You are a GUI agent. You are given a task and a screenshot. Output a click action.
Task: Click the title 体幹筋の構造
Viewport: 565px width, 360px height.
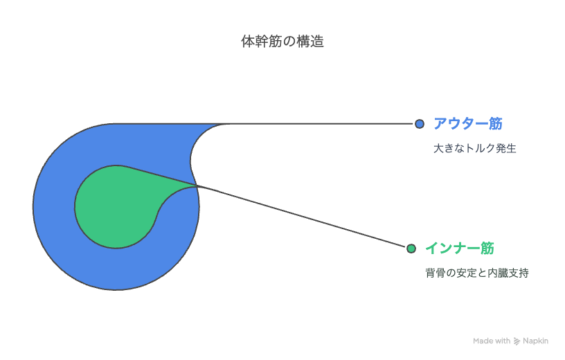(282, 42)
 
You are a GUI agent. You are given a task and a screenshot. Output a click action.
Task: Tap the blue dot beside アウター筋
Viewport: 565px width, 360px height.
(420, 124)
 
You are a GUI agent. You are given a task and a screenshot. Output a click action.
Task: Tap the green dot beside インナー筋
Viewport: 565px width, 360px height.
(411, 249)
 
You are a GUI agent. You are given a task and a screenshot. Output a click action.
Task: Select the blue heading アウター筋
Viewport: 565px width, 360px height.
(467, 124)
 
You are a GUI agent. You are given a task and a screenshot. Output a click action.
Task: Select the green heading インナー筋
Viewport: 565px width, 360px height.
(460, 249)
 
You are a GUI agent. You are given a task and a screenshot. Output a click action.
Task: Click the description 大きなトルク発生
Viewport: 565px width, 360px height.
(474, 148)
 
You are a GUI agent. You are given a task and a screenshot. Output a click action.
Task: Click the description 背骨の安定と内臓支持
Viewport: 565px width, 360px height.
(476, 273)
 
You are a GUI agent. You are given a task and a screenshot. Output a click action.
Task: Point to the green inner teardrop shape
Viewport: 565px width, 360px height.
(116, 207)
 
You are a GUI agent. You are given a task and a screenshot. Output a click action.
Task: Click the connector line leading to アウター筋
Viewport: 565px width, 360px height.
(321, 124)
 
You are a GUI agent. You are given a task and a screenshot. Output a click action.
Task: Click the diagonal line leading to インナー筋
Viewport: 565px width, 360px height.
(302, 216)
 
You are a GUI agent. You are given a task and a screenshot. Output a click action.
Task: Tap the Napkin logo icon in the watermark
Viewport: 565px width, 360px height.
(517, 341)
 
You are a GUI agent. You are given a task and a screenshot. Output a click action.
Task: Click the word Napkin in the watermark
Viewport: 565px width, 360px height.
(535, 341)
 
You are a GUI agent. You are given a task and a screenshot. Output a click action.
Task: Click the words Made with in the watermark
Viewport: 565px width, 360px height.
(492, 341)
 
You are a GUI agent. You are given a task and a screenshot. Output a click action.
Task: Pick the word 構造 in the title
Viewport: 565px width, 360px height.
(310, 42)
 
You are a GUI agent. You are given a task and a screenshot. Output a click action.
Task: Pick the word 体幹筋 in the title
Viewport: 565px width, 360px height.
(262, 42)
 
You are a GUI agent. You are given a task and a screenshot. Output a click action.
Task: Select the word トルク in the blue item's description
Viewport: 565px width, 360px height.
(481, 148)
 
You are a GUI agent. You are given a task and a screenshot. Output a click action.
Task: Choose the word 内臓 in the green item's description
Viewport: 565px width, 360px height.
(498, 273)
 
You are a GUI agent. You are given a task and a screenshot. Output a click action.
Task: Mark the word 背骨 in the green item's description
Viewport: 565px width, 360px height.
(436, 273)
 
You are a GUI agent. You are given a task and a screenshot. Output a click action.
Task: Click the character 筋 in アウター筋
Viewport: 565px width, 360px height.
(496, 124)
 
